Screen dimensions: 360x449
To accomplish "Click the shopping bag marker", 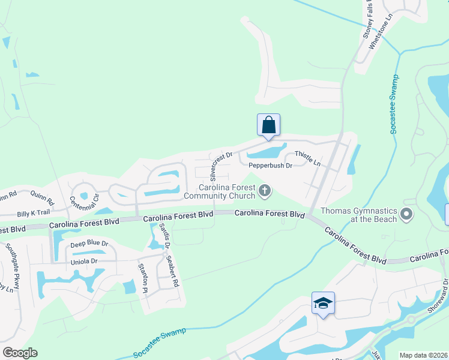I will [x=268, y=125].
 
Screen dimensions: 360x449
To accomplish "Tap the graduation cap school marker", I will [x=323, y=304].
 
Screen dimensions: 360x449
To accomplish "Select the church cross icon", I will [x=265, y=191].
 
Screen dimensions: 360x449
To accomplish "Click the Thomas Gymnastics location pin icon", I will [x=408, y=214].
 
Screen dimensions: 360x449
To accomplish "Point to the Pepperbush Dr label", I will [x=270, y=165].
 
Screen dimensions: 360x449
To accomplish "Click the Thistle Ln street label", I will [x=307, y=160].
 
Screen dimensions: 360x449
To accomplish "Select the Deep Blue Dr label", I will [x=89, y=244].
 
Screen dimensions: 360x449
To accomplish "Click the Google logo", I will [x=19, y=353].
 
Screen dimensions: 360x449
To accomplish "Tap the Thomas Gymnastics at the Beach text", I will [x=358, y=215].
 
